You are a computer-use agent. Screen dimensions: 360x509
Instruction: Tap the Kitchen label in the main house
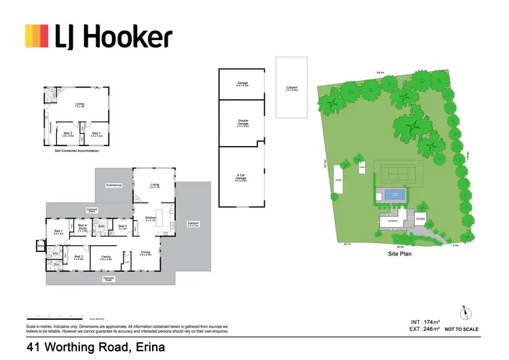point(151,219)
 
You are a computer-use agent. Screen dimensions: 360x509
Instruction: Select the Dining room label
point(147,253)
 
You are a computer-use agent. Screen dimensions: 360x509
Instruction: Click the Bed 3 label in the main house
point(123,228)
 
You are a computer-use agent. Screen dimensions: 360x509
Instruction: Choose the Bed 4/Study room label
point(83,228)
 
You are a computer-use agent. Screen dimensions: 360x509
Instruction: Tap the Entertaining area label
point(113,185)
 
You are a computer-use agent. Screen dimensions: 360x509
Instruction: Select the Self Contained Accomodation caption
point(77,150)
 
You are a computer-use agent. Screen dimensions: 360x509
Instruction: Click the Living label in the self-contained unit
point(79,105)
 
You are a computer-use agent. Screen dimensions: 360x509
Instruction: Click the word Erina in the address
point(143,348)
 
